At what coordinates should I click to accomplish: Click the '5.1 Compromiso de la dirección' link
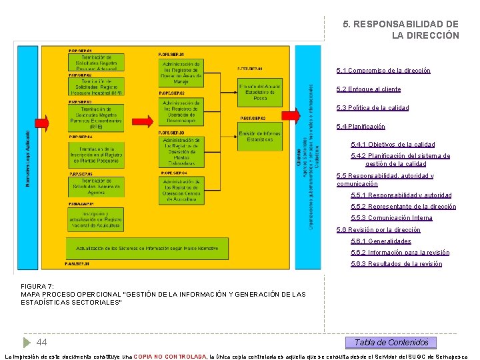tap(383, 71)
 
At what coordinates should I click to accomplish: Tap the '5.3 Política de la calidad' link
tap(373, 108)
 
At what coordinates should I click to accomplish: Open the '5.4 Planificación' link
tap(361, 127)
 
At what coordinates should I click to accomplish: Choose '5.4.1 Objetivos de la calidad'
tap(393, 145)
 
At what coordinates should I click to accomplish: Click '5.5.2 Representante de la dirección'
tap(403, 207)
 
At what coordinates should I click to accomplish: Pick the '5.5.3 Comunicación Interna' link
tap(391, 218)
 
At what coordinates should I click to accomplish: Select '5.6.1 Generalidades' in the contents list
tap(381, 241)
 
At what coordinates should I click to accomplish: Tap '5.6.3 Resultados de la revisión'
tap(396, 264)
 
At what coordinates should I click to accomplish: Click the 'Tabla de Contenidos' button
tap(391, 343)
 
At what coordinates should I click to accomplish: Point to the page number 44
tap(41, 342)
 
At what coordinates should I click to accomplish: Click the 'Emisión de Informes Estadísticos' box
tap(260, 135)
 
